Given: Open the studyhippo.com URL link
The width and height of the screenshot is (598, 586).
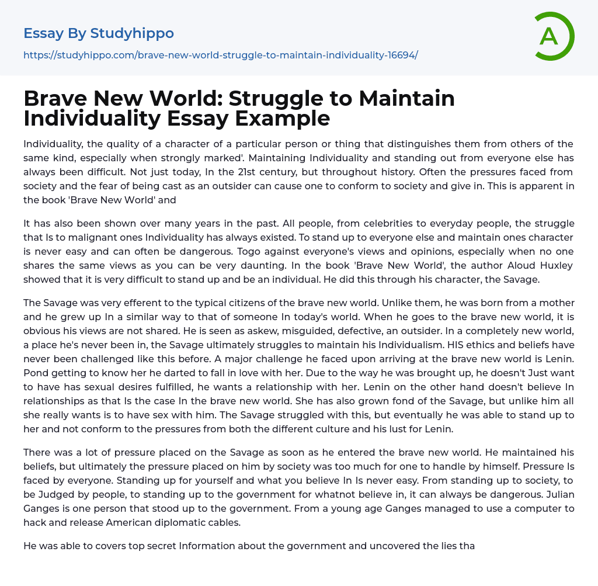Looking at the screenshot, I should coord(221,55).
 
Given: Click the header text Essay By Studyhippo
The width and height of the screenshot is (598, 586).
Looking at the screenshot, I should coord(99,33).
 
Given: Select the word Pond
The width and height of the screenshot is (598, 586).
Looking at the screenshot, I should coord(35,373).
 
